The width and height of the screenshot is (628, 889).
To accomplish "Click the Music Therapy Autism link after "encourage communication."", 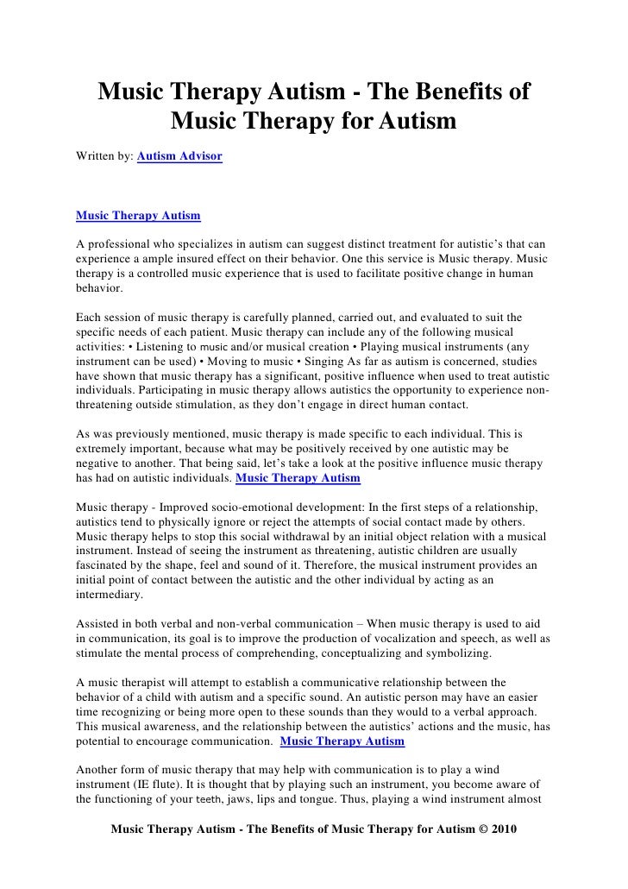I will (342, 741).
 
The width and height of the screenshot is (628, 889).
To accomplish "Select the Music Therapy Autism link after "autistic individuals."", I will (298, 477).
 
